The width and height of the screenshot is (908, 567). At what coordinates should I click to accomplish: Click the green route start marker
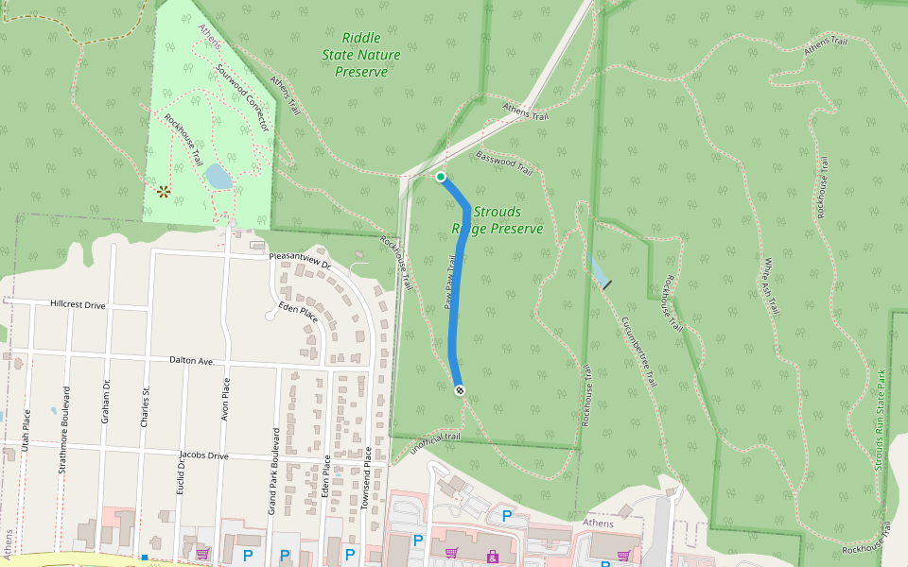pos(441,177)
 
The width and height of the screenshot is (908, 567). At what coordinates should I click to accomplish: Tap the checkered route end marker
pos(460,390)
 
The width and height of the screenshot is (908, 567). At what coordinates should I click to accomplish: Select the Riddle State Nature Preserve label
pos(361,55)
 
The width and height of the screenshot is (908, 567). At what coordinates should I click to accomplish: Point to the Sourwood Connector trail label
pos(243,98)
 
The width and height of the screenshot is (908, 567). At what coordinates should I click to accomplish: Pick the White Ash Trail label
pos(771,286)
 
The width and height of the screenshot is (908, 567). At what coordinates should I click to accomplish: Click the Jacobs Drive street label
pos(204,455)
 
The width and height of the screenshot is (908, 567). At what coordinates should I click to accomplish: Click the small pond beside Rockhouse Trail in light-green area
pos(218,177)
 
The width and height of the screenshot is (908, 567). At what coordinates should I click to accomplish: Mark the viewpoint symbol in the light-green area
pos(164,192)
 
